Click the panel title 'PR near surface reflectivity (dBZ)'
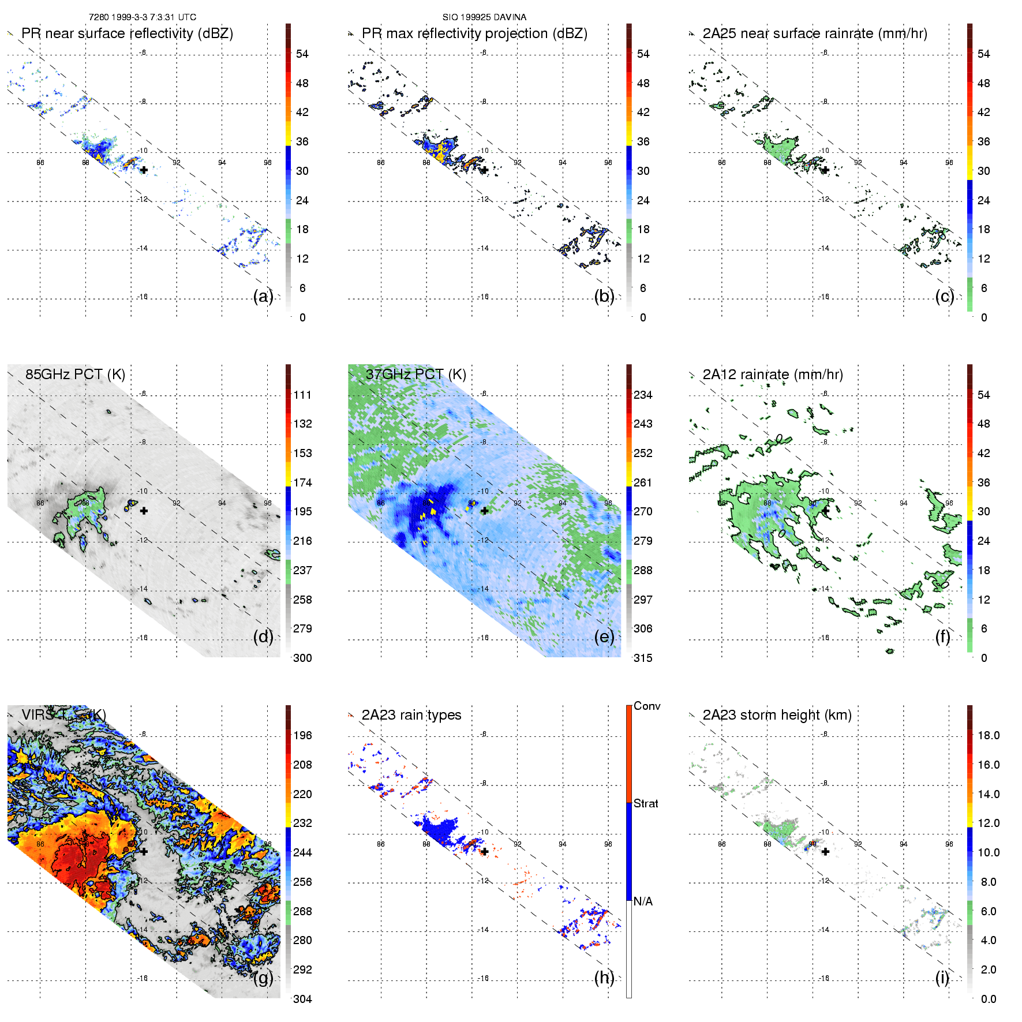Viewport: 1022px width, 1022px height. [127, 33]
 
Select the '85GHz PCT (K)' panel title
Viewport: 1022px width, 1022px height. [75, 374]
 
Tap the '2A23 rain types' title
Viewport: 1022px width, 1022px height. [411, 715]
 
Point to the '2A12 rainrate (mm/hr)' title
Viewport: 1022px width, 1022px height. [772, 374]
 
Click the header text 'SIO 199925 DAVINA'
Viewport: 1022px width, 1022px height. [484, 17]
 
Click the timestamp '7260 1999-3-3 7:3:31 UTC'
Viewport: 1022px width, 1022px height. [143, 17]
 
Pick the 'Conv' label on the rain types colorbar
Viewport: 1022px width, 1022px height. [646, 706]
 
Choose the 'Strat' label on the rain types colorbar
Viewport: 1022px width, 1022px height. [646, 803]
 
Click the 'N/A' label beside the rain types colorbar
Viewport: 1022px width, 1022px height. [643, 901]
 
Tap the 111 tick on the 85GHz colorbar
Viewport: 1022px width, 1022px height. [302, 395]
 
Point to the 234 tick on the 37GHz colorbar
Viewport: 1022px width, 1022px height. [643, 395]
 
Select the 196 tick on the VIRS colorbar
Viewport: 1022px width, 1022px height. [302, 735]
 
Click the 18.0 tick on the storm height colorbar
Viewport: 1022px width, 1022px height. [988, 735]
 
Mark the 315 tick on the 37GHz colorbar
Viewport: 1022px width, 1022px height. [643, 658]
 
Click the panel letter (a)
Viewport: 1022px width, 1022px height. [263, 296]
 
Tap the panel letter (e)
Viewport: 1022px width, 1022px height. [604, 637]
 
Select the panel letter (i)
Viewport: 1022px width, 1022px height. [942, 978]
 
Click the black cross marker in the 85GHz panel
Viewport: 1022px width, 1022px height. [144, 511]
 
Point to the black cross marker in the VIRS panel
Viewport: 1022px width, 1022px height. [144, 851]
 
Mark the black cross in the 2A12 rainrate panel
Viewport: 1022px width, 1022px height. [825, 511]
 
